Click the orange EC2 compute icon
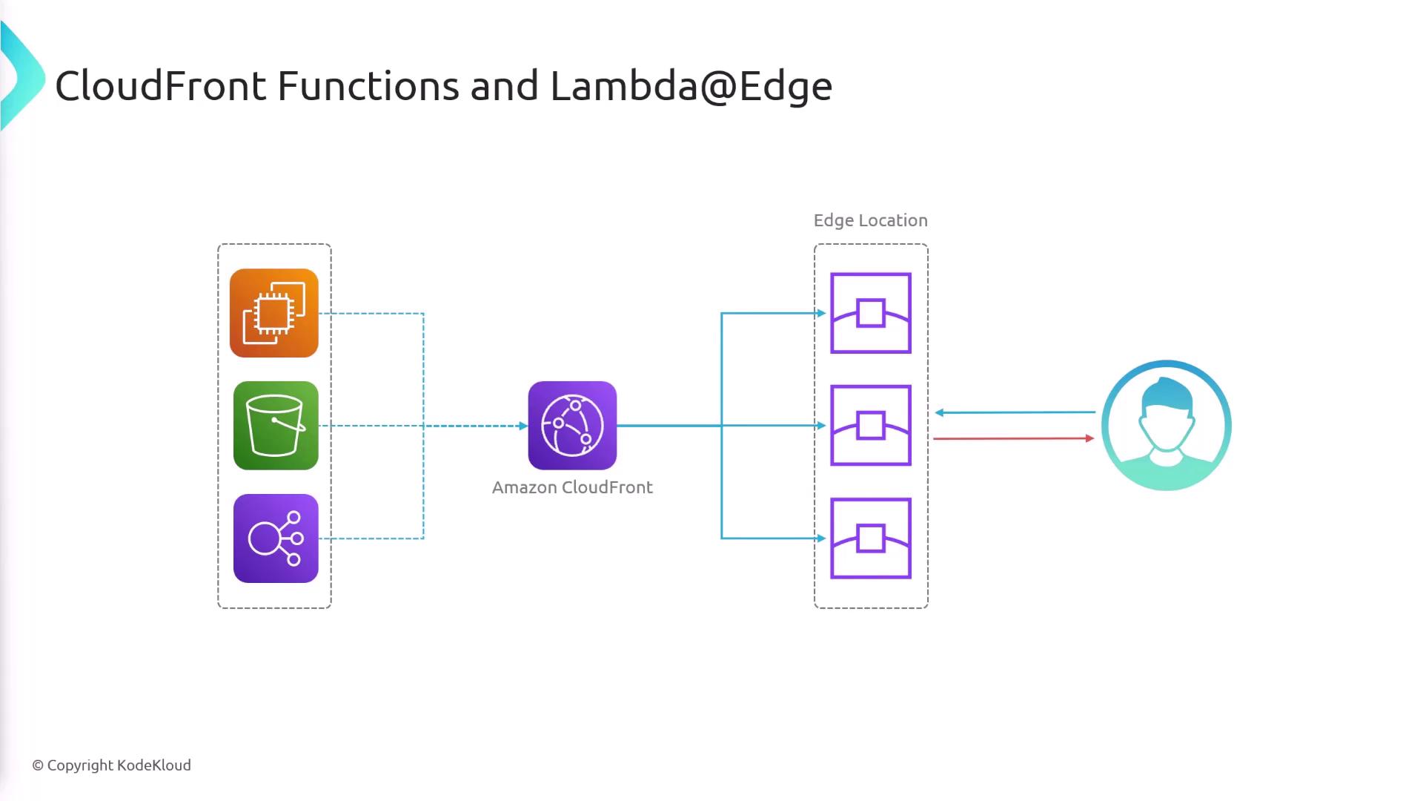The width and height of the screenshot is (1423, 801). pos(274,313)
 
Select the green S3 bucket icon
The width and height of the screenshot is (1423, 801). pos(276,426)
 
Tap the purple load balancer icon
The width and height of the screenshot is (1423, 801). pos(276,538)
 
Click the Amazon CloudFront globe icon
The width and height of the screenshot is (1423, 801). pos(572,426)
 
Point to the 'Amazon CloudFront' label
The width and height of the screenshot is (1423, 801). pos(572,487)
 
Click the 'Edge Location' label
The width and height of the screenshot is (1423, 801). pos(870,220)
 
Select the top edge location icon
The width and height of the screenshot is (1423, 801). pos(871,313)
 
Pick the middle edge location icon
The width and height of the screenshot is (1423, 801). pos(871,426)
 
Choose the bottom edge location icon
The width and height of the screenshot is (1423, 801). pos(871,538)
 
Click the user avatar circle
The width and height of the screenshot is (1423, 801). pos(1166,426)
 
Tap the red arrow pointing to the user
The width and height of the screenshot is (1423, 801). pos(1012,438)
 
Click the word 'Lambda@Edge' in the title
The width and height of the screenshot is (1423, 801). pos(691,86)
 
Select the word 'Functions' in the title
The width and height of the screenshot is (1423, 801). pos(368,86)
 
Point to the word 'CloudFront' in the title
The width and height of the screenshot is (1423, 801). pos(160,86)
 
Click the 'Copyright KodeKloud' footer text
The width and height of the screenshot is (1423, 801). pos(112,765)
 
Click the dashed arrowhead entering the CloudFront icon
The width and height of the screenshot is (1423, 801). pos(523,426)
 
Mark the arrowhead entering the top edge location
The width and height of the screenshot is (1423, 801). pos(821,313)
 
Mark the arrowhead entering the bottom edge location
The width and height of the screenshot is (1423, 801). pos(821,538)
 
